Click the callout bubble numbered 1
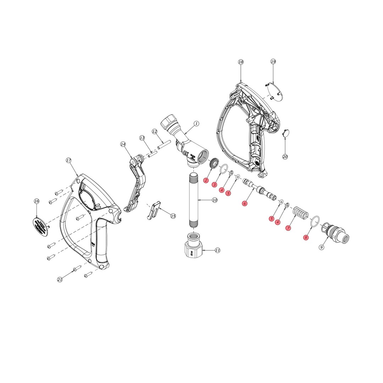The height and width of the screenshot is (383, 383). point(196,124)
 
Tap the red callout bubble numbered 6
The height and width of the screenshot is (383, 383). point(244,204)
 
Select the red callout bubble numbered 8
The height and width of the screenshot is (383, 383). point(306,238)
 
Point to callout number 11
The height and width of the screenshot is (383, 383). point(217,250)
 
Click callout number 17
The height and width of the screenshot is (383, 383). point(68,161)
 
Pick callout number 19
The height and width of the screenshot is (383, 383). point(273,62)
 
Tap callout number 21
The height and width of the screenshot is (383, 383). point(60,279)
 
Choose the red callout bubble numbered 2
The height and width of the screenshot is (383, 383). point(206,181)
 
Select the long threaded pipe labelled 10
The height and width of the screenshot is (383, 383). point(194,200)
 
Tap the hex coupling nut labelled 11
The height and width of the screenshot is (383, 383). point(194,247)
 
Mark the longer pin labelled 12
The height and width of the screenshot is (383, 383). point(164,145)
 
